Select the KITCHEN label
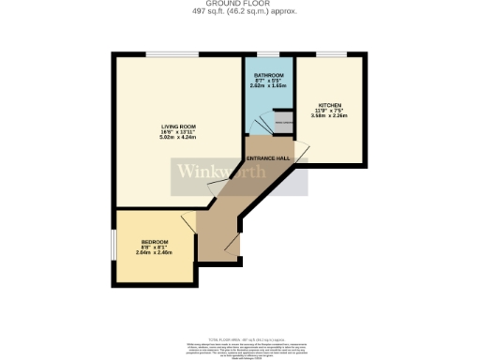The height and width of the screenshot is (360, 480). (x=330, y=105)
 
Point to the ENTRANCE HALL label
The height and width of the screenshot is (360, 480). (x=270, y=160)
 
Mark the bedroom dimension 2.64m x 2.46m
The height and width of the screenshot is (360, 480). (x=155, y=253)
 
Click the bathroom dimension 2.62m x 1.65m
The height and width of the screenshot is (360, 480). (x=268, y=84)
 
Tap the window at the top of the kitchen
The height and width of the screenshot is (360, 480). (x=330, y=55)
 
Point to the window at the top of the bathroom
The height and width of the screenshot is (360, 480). (x=269, y=55)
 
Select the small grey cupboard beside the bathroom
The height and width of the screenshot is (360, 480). (x=281, y=122)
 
